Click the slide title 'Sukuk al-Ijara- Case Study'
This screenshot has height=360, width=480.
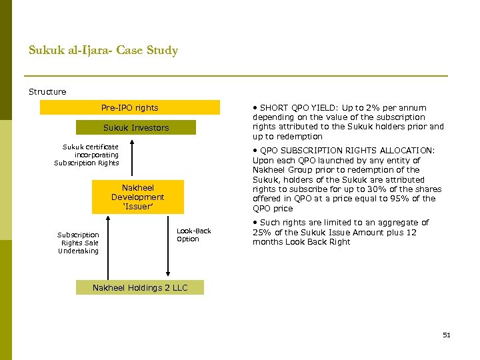[x=103, y=50]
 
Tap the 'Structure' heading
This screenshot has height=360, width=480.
[x=47, y=91]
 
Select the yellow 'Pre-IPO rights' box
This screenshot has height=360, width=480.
[x=129, y=107]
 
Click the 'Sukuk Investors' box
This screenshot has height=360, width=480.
[x=136, y=127]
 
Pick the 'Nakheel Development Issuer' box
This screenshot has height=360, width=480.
[x=137, y=197]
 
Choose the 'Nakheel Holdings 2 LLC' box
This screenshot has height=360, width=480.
[x=140, y=287]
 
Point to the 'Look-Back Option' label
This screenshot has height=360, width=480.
[x=193, y=235]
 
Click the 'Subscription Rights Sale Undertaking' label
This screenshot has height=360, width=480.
[x=78, y=243]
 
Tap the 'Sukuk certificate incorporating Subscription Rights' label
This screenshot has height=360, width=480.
[x=87, y=155]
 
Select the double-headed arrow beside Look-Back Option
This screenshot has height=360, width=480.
[x=168, y=247]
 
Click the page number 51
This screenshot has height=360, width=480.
[x=447, y=335]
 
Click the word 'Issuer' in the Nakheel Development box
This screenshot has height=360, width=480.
[x=137, y=207]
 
